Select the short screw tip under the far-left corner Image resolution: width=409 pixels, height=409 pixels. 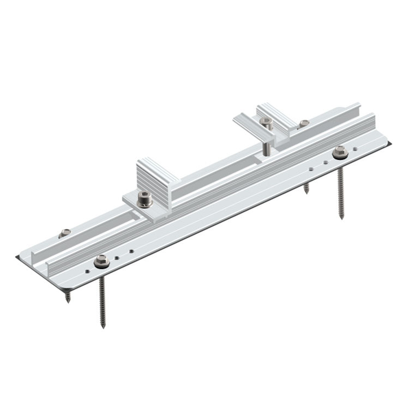(68, 300)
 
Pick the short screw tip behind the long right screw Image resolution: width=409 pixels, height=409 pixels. (306, 191)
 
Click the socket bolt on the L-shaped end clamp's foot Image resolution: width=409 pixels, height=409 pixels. (145, 199)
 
